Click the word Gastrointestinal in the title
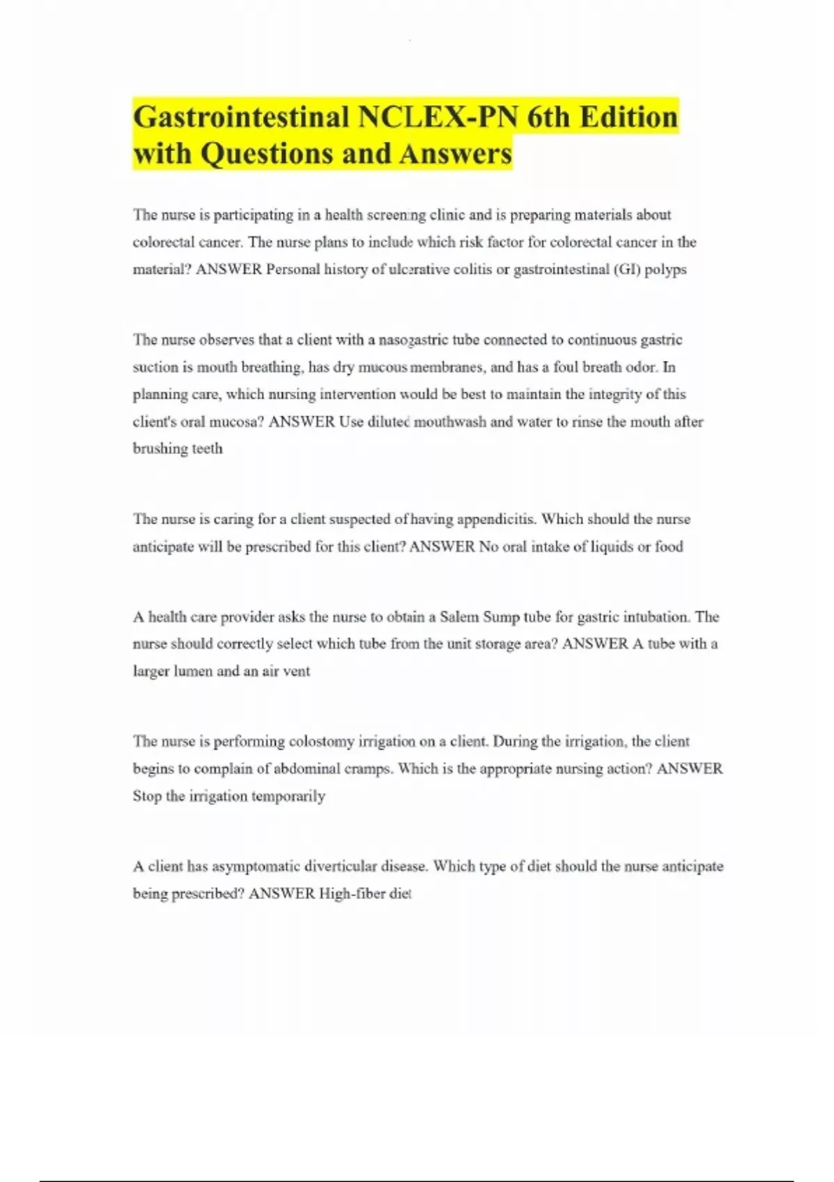click(241, 117)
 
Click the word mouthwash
click(450, 422)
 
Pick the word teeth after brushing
click(207, 449)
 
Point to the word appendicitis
click(497, 519)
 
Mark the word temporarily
click(288, 796)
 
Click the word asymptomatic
click(256, 866)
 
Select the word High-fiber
click(351, 893)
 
